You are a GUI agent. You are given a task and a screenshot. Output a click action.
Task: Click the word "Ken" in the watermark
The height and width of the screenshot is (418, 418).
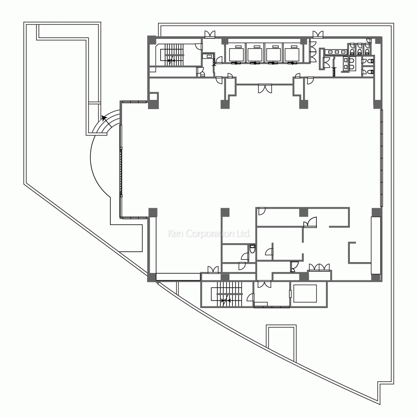175,234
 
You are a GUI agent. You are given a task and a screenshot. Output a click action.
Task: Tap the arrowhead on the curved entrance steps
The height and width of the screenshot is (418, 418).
104,117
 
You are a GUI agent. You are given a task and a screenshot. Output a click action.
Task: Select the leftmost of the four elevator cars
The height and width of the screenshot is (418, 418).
237,54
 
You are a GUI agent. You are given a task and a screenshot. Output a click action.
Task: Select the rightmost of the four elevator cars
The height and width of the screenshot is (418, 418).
292,54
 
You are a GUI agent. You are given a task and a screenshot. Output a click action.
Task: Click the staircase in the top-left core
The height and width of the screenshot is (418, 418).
172,55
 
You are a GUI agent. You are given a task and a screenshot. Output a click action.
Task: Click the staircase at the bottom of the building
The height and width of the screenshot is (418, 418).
227,294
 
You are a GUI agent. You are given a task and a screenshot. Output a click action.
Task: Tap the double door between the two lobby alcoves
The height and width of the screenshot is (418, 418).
265,89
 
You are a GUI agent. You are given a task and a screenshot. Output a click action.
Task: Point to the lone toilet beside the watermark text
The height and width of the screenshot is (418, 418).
252,249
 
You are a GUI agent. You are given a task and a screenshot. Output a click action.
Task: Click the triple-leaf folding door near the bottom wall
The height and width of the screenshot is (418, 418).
319,268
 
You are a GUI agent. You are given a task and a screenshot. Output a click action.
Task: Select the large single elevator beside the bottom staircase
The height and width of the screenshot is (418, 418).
305,293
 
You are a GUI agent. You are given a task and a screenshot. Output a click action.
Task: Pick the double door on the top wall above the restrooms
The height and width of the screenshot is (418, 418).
318,34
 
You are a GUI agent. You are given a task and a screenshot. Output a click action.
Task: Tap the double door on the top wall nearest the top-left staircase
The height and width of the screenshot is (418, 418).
210,34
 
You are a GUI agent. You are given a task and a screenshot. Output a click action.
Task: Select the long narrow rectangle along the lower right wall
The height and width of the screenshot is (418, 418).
376,245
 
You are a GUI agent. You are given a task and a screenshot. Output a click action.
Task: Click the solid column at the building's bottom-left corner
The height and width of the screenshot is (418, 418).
152,278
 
